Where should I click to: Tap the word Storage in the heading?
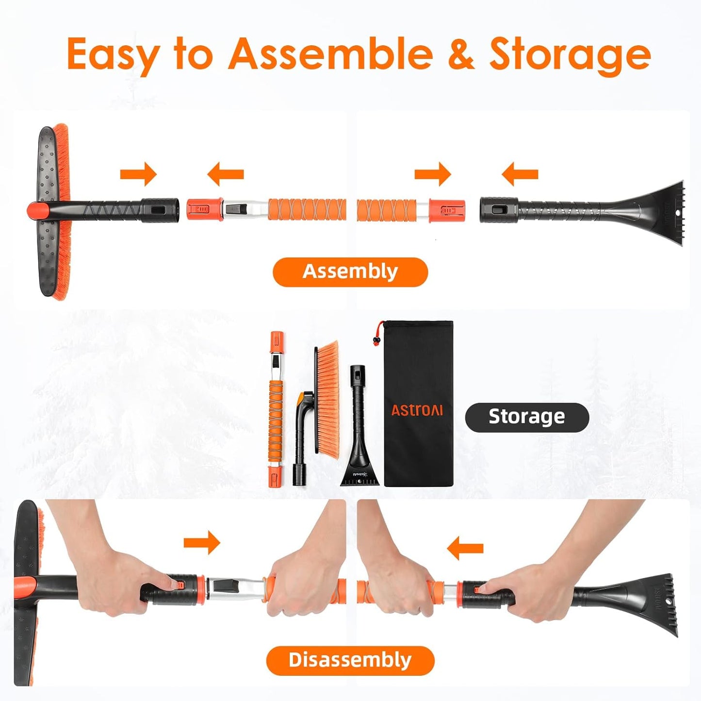(x=570, y=54)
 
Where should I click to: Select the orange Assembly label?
(x=350, y=272)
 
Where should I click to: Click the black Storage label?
(x=527, y=417)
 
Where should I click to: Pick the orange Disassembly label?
(x=350, y=660)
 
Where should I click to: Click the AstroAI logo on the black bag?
(x=417, y=410)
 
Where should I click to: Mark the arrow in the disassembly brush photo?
(x=202, y=542)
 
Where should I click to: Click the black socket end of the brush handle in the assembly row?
(x=160, y=210)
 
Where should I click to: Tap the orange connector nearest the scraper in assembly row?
(x=447, y=211)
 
